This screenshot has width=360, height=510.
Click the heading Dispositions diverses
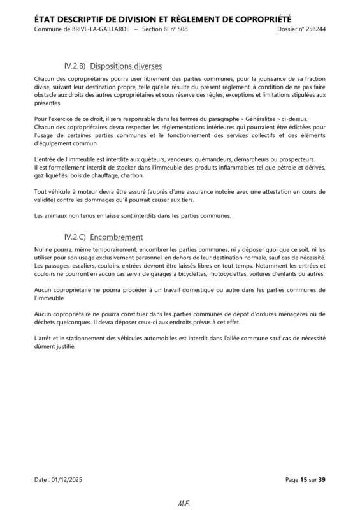tap(126, 66)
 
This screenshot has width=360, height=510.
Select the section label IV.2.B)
tap(76, 66)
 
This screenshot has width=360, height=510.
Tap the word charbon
tap(131, 175)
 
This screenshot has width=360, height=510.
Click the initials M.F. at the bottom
tap(180, 504)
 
